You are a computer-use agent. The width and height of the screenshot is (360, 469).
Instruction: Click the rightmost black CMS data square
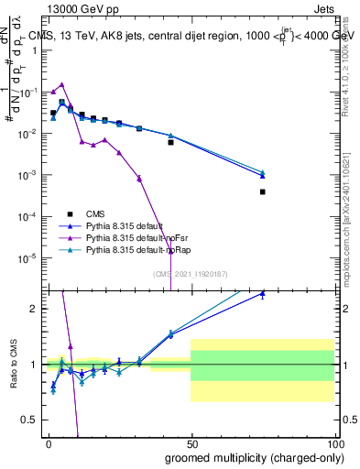coord(262,191)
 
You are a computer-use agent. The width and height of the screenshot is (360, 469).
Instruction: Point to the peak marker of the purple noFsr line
coord(61,84)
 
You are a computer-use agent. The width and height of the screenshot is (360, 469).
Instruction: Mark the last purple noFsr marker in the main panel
coord(138,178)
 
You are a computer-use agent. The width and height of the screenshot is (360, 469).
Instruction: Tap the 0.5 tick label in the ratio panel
coord(32,420)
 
